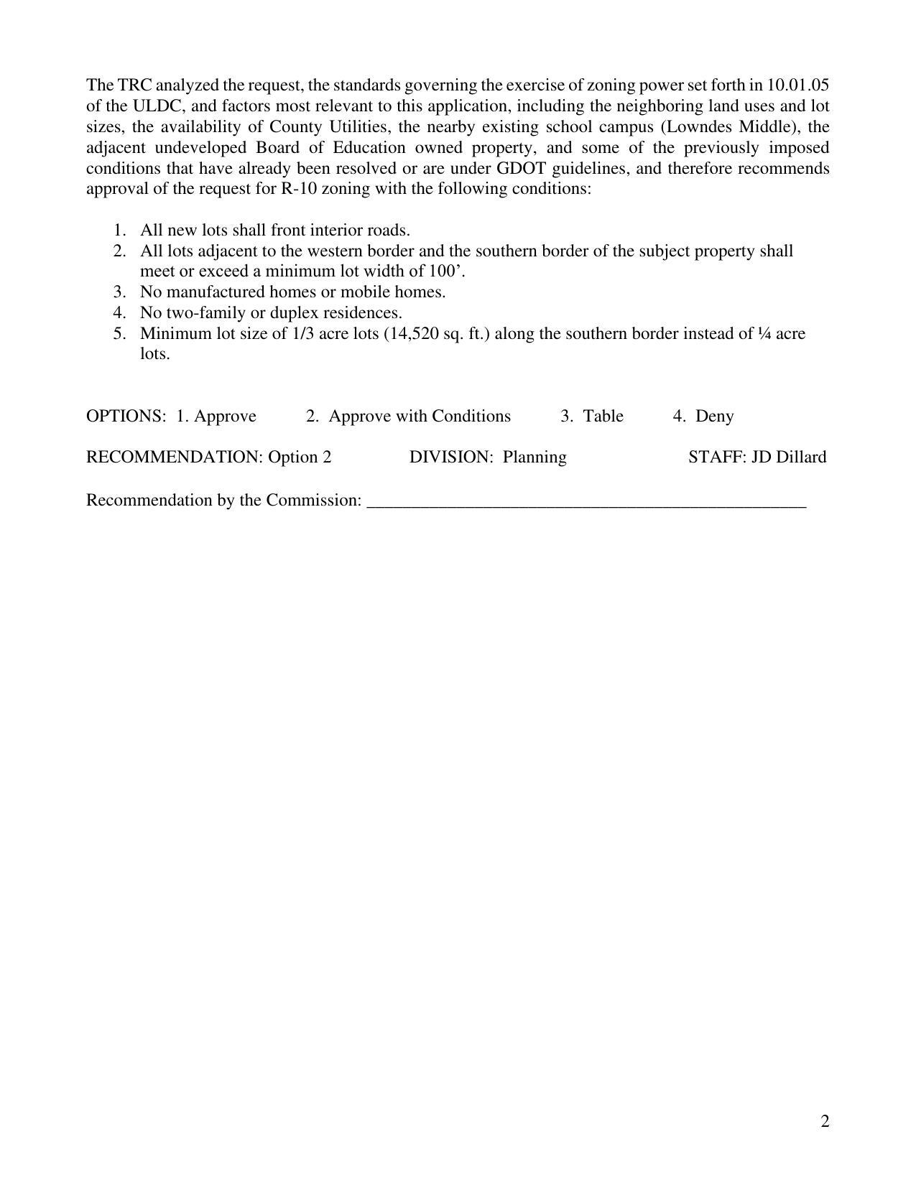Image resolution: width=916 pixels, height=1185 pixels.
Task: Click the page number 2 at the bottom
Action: tap(825, 1121)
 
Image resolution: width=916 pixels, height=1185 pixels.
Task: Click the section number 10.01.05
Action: tap(798, 85)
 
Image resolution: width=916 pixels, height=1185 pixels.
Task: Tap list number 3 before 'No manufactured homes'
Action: tap(119, 292)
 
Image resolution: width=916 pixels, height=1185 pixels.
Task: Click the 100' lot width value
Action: tap(451, 271)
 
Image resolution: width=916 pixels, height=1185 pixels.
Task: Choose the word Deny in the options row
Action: tap(714, 417)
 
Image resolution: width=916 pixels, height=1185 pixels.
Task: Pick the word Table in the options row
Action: tap(603, 417)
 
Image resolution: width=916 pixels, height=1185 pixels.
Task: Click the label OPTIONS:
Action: tap(126, 417)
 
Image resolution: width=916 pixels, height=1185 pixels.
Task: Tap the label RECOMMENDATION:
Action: tap(175, 457)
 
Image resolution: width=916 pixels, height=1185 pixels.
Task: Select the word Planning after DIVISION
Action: tap(534, 457)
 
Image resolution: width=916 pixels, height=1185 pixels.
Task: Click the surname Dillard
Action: tap(800, 457)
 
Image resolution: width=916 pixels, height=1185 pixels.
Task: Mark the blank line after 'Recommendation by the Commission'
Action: tap(586, 502)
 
